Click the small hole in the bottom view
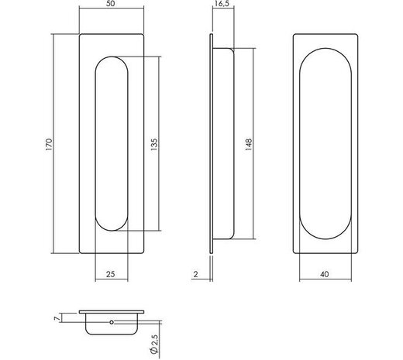coord(110,321)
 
